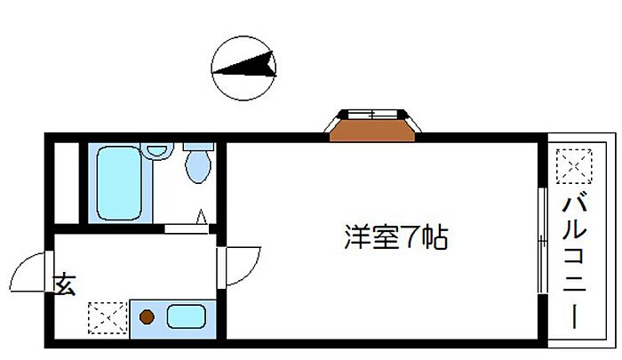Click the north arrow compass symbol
point(243,68)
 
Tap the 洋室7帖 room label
point(395,237)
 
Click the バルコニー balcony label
point(574,261)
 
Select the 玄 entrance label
point(65,284)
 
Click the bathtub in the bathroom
point(119,183)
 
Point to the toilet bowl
point(198,167)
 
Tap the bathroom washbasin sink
point(156,151)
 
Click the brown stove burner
point(147,316)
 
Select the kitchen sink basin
point(186,316)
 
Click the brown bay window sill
point(372,130)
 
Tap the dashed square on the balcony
point(574,166)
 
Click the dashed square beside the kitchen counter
point(108,317)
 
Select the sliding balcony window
point(542,240)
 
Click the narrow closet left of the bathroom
point(67,183)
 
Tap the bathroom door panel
point(186,229)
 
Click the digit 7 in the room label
point(410,237)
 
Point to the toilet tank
point(198,147)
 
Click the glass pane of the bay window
point(372,115)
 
